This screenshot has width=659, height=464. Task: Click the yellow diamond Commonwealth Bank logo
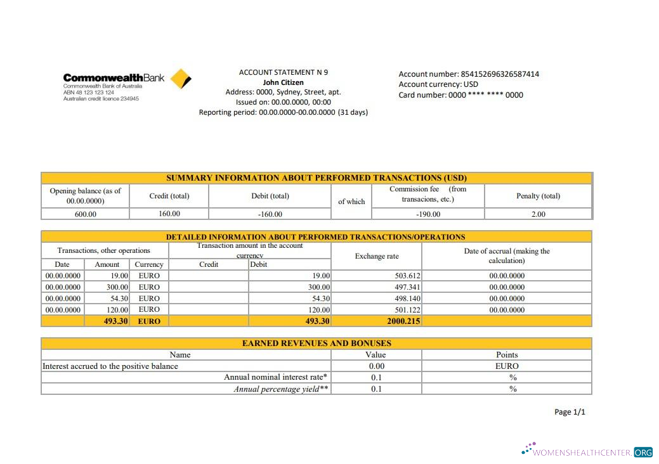pos(181,79)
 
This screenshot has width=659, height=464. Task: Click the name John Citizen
pos(283,82)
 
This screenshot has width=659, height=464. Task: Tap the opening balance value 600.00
pos(85,214)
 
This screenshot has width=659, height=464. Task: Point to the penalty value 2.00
pos(538,214)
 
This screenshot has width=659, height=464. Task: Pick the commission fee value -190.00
pos(428,214)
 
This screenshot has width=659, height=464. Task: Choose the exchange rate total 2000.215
pos(403,321)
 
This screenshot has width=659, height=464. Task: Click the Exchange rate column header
pos(377,256)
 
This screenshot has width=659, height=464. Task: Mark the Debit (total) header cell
pos(270,196)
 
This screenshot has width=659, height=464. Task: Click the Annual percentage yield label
pos(281,389)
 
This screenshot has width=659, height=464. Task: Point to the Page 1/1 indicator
pos(570,412)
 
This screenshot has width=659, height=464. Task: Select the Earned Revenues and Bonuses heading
pos(316,343)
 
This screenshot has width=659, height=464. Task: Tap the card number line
pos(460,95)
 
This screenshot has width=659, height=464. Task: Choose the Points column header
pos(506,355)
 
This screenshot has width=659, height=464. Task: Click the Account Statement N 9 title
pos(283,72)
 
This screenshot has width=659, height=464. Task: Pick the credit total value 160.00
pos(169,214)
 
